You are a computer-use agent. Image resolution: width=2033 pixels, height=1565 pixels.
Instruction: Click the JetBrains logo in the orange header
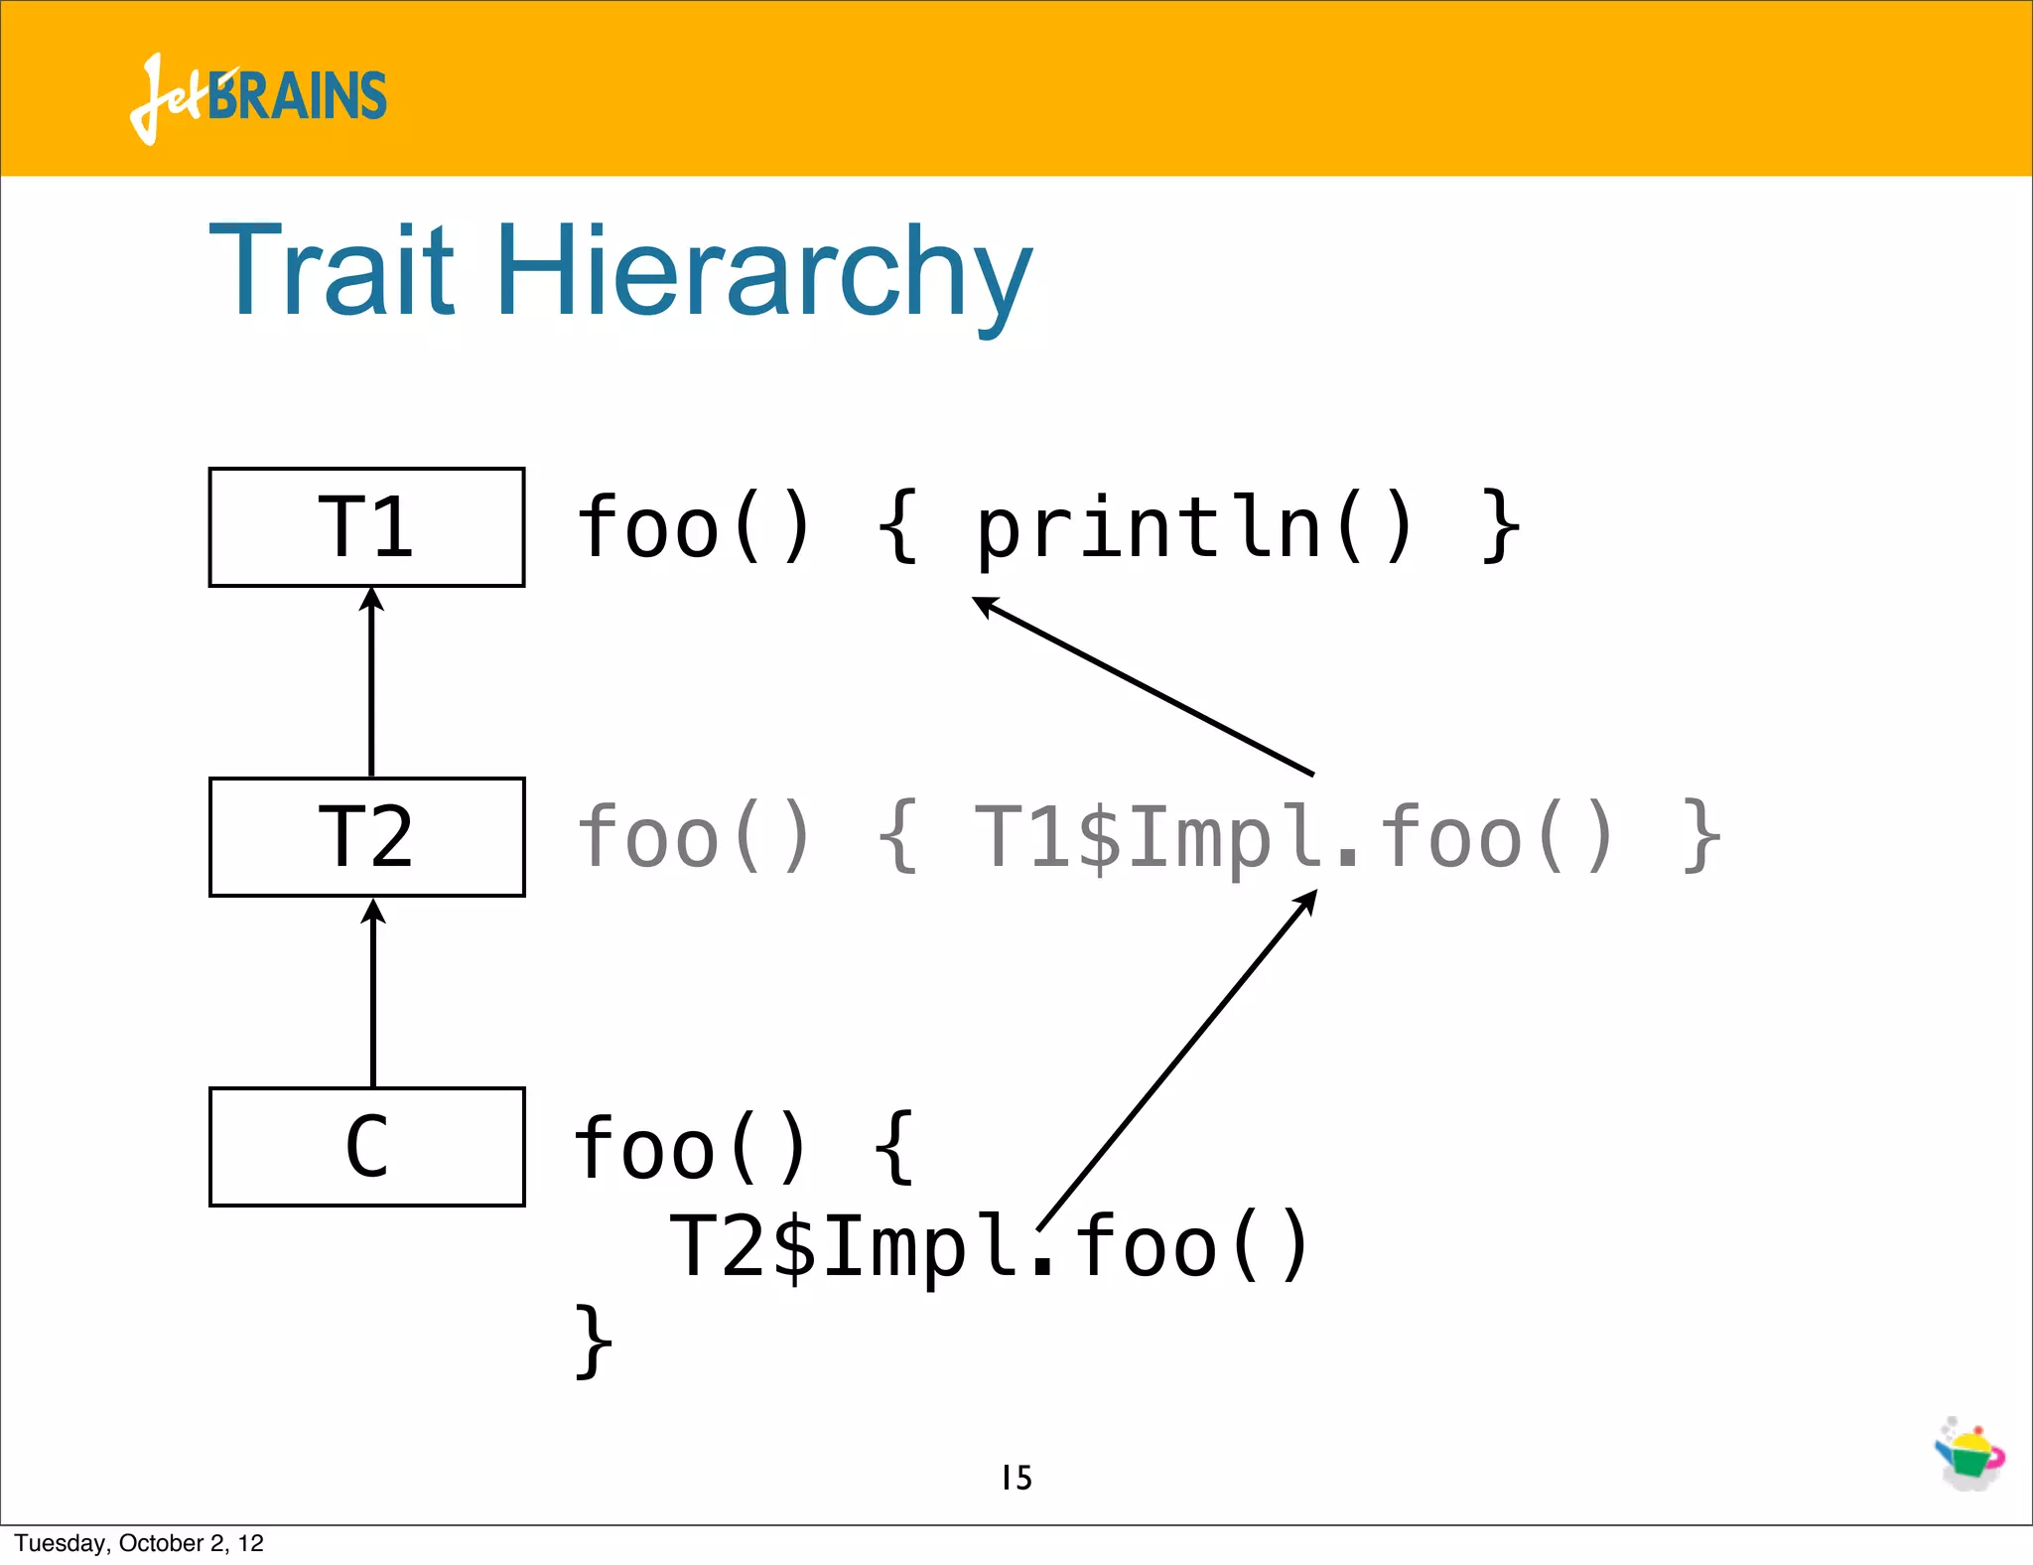pyautogui.click(x=258, y=97)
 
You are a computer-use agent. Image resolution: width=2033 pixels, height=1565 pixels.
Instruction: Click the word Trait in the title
pyautogui.click(x=332, y=270)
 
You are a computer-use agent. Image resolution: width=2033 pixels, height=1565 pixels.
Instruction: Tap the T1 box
pyautogui.click(x=366, y=527)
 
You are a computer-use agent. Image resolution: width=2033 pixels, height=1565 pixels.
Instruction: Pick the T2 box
pyautogui.click(x=366, y=837)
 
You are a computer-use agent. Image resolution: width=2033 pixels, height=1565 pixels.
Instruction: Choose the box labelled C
pyautogui.click(x=366, y=1147)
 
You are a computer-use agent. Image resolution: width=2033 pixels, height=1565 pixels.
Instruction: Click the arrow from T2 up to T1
pyautogui.click(x=371, y=685)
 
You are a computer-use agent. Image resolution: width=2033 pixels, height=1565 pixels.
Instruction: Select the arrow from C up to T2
pyautogui.click(x=373, y=993)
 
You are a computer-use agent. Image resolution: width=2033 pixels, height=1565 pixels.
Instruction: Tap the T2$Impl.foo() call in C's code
pyautogui.click(x=989, y=1248)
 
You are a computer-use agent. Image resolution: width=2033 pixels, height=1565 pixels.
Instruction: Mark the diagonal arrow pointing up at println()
pyautogui.click(x=1142, y=685)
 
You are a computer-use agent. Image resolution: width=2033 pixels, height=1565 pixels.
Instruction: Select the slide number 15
pyautogui.click(x=1016, y=1478)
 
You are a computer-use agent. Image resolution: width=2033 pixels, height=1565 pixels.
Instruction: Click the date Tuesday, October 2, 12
pyautogui.click(x=139, y=1543)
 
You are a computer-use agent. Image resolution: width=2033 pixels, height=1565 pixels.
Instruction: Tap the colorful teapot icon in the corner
pyautogui.click(x=1969, y=1456)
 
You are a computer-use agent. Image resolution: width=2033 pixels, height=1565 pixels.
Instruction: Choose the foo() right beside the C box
pyautogui.click(x=691, y=1149)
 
